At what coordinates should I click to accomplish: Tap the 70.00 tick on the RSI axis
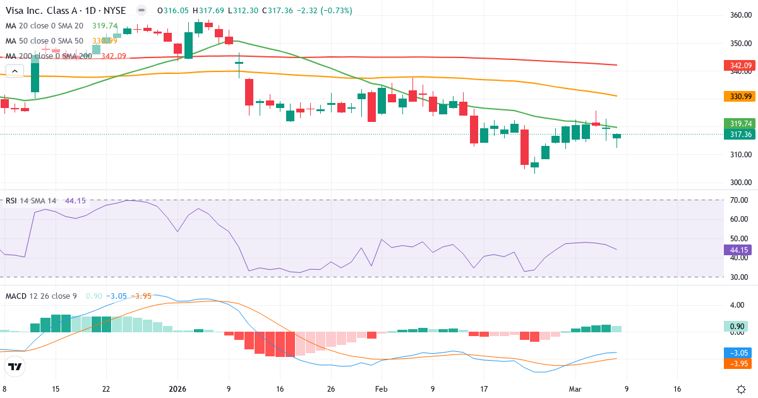[739, 200]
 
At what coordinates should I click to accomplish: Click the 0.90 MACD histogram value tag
[735, 327]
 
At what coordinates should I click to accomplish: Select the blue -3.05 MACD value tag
[735, 353]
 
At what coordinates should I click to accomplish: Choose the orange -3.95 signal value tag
[735, 364]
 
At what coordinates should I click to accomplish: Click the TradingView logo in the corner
[15, 366]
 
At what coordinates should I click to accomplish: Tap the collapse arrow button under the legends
[14, 71]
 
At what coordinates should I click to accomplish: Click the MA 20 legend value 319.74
[105, 26]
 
